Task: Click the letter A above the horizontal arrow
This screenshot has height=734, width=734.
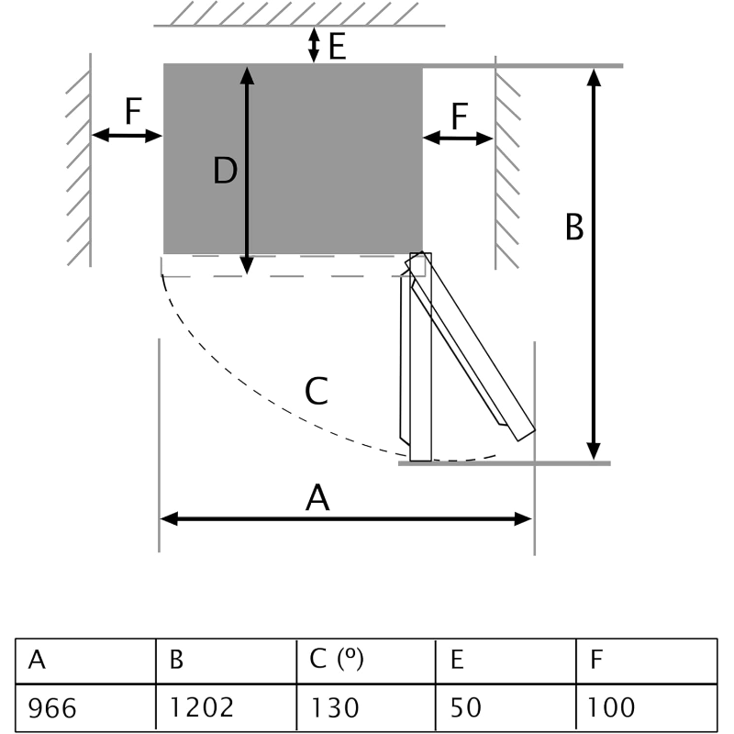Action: [x=317, y=498]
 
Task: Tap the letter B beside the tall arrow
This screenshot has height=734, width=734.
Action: [x=574, y=227]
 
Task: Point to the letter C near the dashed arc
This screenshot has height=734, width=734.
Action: [x=317, y=392]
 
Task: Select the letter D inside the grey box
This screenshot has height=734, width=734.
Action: [x=226, y=171]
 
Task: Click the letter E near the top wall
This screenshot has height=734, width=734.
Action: [x=337, y=46]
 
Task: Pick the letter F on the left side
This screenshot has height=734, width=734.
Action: [x=133, y=112]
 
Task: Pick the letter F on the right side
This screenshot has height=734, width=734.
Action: [x=460, y=117]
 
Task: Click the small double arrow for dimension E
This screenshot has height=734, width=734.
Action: [x=314, y=45]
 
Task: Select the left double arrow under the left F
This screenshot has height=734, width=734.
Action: [x=128, y=136]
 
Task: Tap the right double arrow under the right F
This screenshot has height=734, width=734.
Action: [x=458, y=139]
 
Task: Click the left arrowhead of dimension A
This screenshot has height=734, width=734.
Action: [x=168, y=518]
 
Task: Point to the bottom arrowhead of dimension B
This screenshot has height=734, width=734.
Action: [x=595, y=451]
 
